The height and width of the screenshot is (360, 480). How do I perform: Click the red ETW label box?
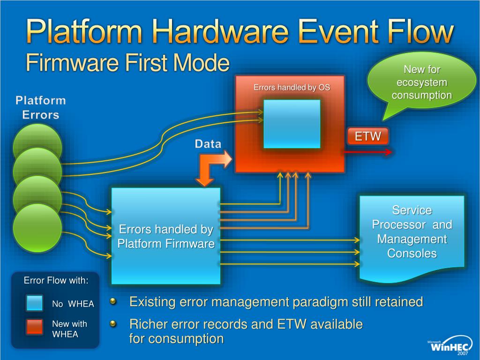click(367, 136)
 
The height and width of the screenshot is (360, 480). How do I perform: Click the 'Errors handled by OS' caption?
click(292, 87)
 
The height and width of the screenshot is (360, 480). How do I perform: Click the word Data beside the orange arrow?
click(208, 144)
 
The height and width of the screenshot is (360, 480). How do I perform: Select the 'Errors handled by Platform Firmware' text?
click(166, 237)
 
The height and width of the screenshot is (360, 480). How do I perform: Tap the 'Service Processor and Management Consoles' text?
click(412, 232)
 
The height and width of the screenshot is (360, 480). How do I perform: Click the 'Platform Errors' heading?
click(41, 107)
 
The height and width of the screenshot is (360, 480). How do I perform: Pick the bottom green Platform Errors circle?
click(37, 228)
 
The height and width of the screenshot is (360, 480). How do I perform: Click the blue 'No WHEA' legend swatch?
click(35, 303)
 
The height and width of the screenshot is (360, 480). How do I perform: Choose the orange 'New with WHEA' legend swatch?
click(35, 327)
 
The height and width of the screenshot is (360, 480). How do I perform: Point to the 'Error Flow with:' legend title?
click(56, 281)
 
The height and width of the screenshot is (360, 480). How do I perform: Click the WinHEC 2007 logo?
click(450, 346)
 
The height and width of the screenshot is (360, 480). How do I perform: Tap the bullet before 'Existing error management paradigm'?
click(113, 301)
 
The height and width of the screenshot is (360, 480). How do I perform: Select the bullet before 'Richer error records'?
click(113, 323)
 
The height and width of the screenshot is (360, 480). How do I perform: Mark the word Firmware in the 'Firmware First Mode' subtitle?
click(66, 63)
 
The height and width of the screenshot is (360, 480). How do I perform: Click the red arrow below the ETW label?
click(368, 152)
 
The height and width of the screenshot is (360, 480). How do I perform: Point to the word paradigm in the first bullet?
click(321, 302)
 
